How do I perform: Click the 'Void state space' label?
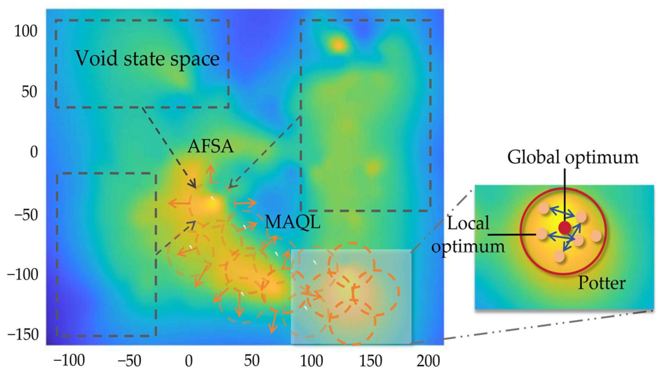[x=147, y=59]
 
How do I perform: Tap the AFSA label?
[x=210, y=146]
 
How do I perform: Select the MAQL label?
[x=293, y=222]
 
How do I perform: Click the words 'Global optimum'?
[x=573, y=157]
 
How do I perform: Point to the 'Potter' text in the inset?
[x=601, y=283]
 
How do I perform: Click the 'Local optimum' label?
[x=468, y=235]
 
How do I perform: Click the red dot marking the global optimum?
[x=565, y=228]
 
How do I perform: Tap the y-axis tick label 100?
[x=26, y=31]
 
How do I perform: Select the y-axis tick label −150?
[x=23, y=335]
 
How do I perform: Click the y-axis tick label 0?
[x=34, y=152]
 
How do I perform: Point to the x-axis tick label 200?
[x=428, y=361]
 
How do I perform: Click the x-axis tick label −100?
[x=69, y=361]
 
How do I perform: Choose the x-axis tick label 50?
[x=252, y=361]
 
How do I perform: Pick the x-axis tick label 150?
[x=370, y=361]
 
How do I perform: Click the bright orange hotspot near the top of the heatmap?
[x=338, y=45]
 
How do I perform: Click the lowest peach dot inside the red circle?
[x=559, y=256]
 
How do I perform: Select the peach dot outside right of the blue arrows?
[x=596, y=236]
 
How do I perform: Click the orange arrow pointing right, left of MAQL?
[x=246, y=203]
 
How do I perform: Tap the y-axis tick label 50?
[x=29, y=92]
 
